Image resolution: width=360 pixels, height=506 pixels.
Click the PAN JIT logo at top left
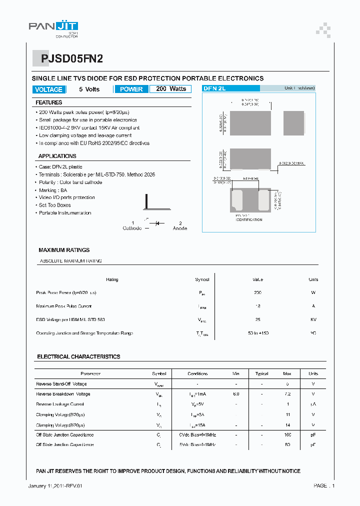(53, 29)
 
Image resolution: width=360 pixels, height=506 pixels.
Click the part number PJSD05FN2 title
(68, 58)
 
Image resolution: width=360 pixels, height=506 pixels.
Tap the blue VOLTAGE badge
(48, 89)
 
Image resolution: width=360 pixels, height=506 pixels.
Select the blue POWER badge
(131, 89)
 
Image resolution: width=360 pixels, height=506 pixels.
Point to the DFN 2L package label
(214, 88)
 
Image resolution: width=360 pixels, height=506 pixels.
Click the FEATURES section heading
(48, 102)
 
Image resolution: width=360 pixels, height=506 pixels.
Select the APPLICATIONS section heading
(57, 156)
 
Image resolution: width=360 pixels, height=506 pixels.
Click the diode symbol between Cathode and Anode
(156, 223)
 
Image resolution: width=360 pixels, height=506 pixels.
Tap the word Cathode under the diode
(132, 228)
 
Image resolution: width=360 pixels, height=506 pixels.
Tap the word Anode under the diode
(180, 228)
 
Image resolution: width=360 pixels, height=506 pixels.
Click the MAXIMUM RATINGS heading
(64, 250)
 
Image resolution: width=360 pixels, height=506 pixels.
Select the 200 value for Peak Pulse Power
(257, 292)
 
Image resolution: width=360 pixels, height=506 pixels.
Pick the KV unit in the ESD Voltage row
(313, 319)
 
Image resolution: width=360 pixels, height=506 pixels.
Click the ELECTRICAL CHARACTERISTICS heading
(78, 357)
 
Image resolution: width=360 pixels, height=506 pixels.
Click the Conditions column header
(197, 373)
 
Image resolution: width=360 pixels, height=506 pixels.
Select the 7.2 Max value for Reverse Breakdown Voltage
(287, 394)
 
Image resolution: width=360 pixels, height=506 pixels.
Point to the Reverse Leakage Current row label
(60, 404)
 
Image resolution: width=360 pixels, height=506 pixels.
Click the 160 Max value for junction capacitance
(287, 435)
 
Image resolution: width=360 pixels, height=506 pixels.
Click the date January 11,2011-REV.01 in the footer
(55, 486)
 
